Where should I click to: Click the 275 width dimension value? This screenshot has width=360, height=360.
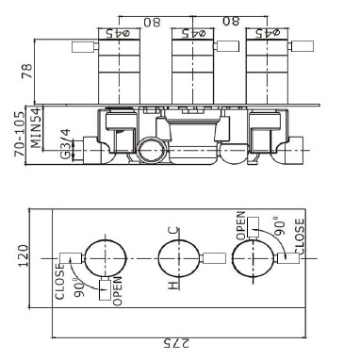(176, 343)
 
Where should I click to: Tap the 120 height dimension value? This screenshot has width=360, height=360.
(23, 255)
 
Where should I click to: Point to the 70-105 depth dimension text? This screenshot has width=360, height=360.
(20, 134)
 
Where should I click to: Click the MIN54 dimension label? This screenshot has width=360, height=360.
(36, 128)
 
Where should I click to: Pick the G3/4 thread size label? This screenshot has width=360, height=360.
(65, 144)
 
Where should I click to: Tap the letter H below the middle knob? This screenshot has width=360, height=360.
(173, 286)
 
